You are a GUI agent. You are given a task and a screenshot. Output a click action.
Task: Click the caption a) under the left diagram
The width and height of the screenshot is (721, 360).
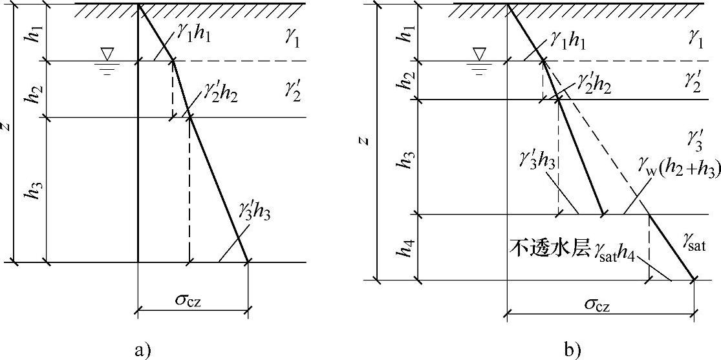143,350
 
